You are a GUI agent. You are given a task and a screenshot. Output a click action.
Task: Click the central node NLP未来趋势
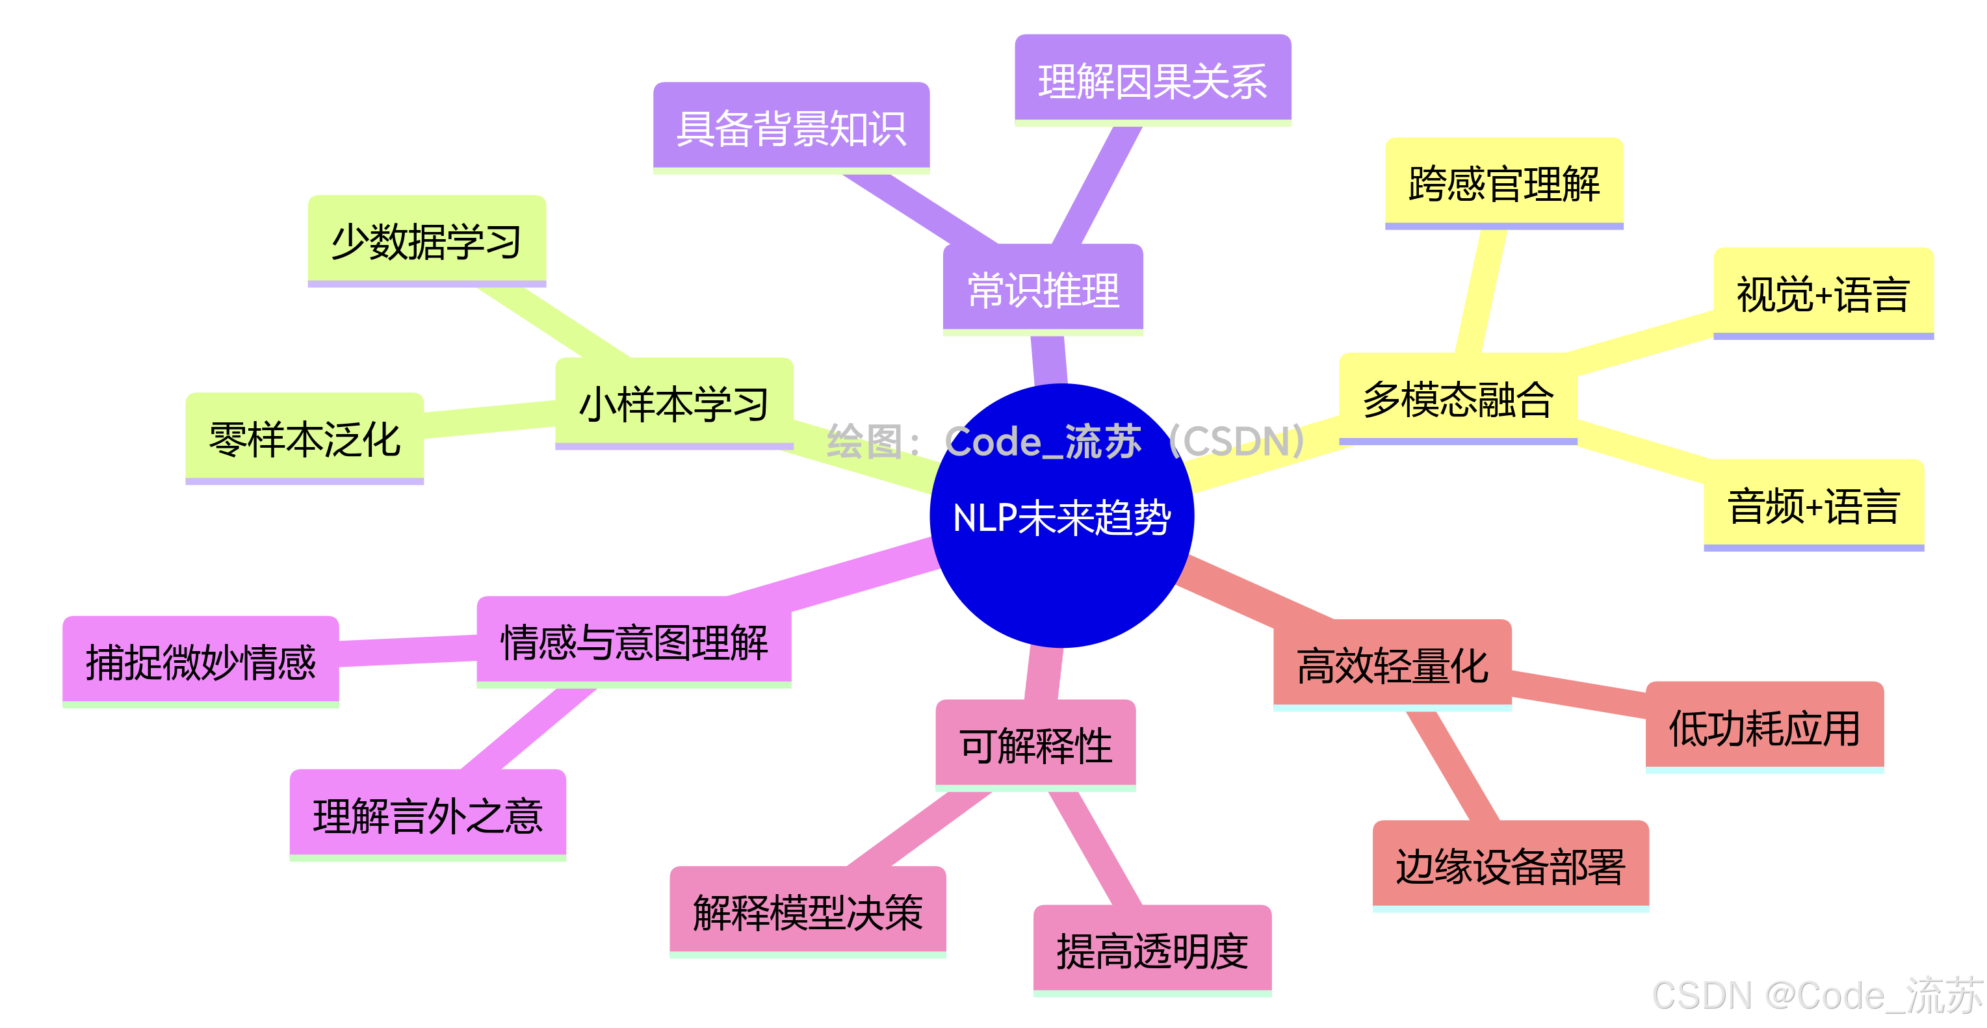tap(1061, 516)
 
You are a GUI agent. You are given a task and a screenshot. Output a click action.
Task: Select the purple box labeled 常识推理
tap(1043, 290)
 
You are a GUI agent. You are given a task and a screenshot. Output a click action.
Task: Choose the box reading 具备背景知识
tap(792, 128)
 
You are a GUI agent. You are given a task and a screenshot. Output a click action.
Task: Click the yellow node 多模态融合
tap(1458, 399)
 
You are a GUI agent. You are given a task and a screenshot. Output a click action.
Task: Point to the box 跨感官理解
tap(1504, 183)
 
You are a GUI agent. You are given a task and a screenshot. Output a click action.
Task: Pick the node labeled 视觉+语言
tap(1823, 294)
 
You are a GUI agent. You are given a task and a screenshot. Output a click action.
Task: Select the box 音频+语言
tap(1813, 506)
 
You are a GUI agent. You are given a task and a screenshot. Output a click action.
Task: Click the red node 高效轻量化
tap(1392, 665)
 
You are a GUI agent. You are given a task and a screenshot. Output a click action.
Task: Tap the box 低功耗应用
tap(1765, 727)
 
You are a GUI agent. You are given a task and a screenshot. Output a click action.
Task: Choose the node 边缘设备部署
tap(1511, 866)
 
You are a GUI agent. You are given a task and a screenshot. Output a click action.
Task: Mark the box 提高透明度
tap(1152, 951)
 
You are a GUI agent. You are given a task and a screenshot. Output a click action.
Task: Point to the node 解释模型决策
tap(807, 912)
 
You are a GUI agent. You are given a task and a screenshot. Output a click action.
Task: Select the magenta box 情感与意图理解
tap(634, 641)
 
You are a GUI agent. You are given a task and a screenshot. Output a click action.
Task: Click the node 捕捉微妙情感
tap(201, 662)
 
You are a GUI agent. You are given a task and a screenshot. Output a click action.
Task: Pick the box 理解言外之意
tap(428, 815)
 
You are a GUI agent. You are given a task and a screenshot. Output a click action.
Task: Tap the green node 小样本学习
tap(674, 404)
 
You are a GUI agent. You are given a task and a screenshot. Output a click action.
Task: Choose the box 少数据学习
tap(426, 241)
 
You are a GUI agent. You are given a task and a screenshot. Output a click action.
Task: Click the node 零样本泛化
tap(305, 439)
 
